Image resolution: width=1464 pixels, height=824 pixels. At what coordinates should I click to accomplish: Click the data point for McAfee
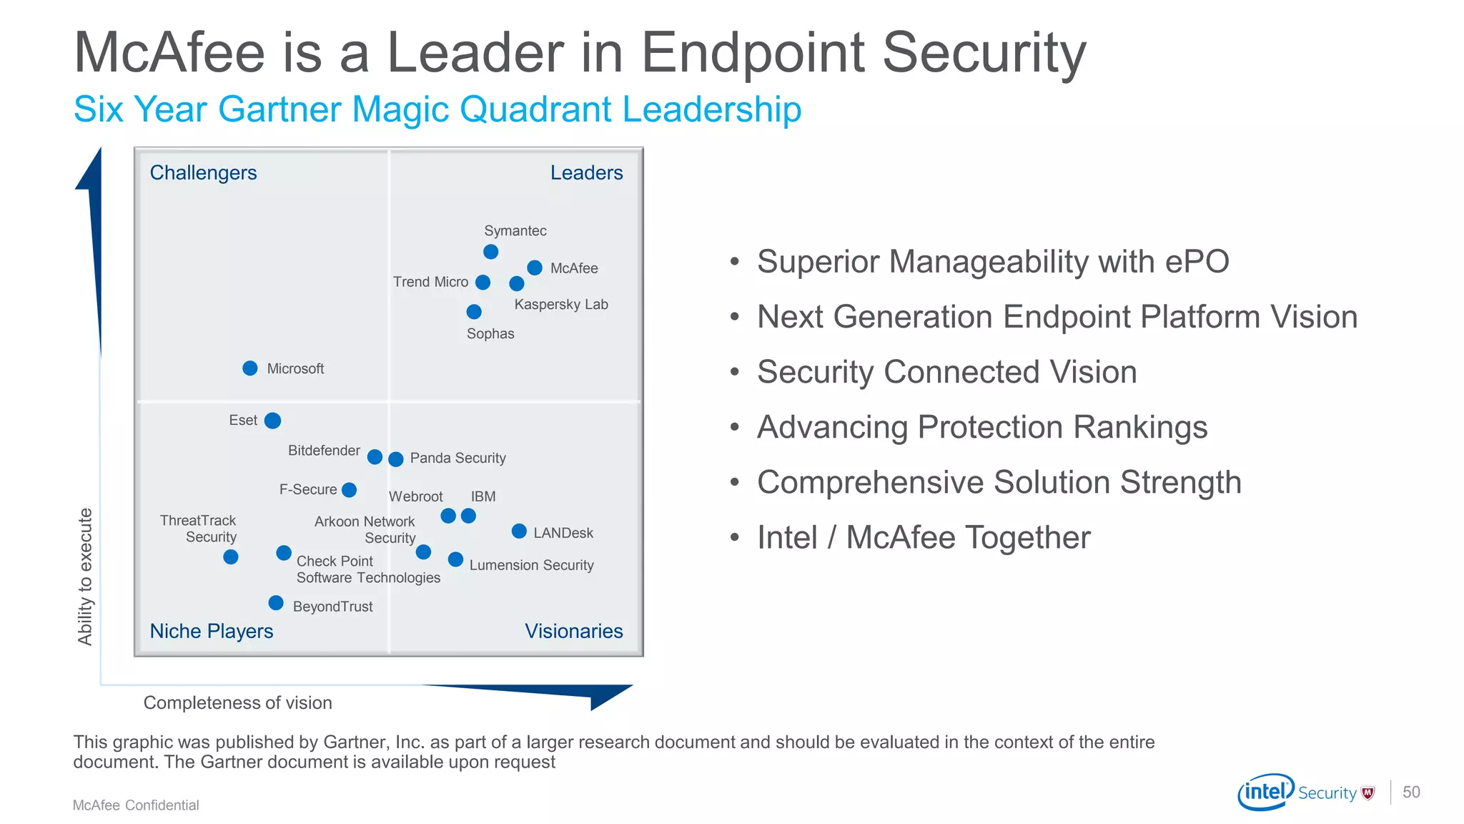click(x=535, y=268)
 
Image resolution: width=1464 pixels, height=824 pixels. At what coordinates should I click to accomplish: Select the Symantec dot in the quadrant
click(x=490, y=252)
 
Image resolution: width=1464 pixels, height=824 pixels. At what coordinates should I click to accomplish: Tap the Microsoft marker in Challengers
click(x=250, y=368)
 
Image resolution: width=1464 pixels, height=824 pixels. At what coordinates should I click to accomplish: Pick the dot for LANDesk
click(x=520, y=531)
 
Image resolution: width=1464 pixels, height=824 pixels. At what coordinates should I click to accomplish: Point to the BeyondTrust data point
click(x=276, y=603)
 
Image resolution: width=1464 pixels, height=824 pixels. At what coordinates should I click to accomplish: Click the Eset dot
click(x=272, y=421)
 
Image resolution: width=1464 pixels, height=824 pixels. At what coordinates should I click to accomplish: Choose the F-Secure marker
click(x=350, y=490)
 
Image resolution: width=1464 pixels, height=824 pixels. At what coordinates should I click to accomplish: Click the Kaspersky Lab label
click(x=561, y=305)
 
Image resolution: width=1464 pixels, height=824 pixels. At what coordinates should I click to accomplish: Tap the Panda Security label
click(x=457, y=458)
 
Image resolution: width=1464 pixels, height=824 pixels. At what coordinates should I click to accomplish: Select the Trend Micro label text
click(x=430, y=283)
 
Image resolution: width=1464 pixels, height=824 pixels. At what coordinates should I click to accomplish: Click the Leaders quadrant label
click(x=586, y=173)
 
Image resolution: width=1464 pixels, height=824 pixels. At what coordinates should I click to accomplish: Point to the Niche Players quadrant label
click(x=212, y=632)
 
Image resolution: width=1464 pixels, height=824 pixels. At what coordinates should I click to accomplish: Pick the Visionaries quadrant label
click(x=573, y=632)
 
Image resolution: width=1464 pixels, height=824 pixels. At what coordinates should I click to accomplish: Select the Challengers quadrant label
click(x=203, y=173)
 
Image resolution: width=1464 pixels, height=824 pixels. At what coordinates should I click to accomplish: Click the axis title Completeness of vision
click(x=238, y=703)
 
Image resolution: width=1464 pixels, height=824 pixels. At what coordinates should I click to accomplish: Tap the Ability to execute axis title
click(x=85, y=577)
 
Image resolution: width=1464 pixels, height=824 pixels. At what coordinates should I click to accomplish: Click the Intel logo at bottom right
click(x=1265, y=792)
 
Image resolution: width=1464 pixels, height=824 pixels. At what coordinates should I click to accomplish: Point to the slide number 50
click(x=1411, y=793)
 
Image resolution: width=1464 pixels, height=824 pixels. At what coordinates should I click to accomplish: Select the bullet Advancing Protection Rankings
click(x=982, y=428)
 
